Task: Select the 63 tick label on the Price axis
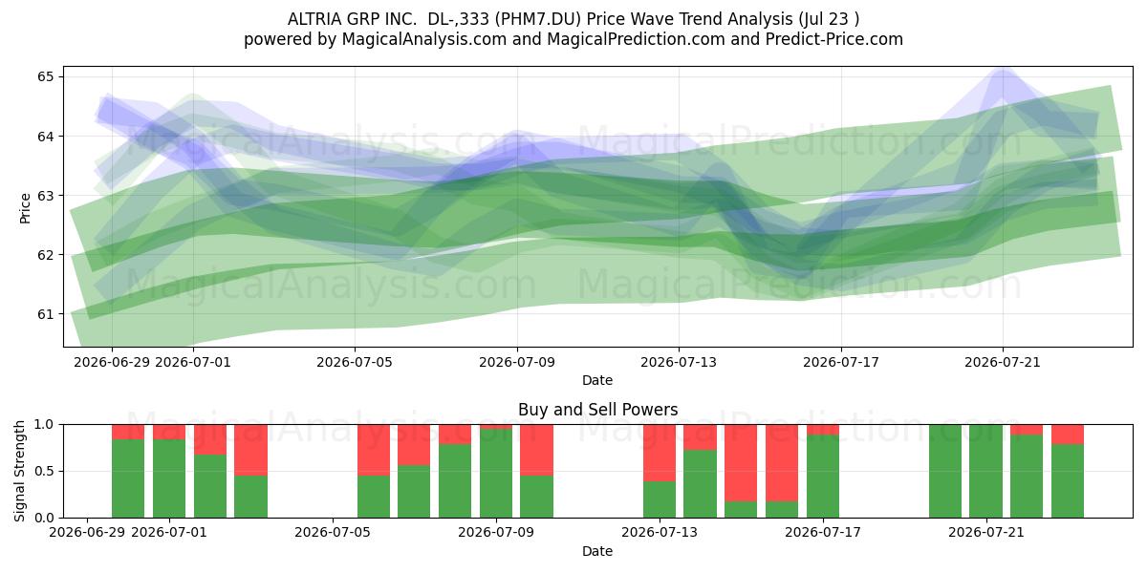pyautogui.click(x=45, y=196)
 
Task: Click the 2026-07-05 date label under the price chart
pyautogui.click(x=355, y=362)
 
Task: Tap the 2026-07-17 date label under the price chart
pyautogui.click(x=841, y=362)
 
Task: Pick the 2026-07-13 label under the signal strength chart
pyautogui.click(x=660, y=532)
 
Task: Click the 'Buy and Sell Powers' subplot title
pyautogui.click(x=597, y=410)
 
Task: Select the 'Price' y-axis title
pyautogui.click(x=25, y=208)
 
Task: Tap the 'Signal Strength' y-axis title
pyautogui.click(x=19, y=471)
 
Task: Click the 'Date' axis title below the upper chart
pyautogui.click(x=597, y=380)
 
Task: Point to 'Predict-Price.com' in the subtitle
pyautogui.click(x=834, y=39)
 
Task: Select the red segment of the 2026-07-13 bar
pyautogui.click(x=660, y=453)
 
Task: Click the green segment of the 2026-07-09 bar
pyautogui.click(x=496, y=474)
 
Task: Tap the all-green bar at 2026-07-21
pyautogui.click(x=986, y=471)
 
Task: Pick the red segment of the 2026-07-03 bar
pyautogui.click(x=250, y=450)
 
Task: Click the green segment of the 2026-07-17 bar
pyautogui.click(x=823, y=476)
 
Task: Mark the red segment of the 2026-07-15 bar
pyautogui.click(x=741, y=463)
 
